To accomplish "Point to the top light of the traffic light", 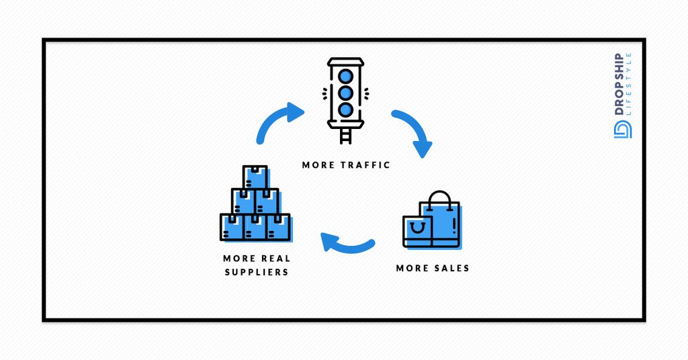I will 345,75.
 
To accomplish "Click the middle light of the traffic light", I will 345,92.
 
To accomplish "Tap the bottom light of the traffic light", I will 345,108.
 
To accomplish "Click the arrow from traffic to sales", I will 413,132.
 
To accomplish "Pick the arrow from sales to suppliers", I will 346,243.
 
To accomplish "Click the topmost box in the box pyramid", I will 255,177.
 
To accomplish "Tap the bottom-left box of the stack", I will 232,227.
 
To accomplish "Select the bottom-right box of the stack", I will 278,227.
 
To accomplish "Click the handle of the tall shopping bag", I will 440,197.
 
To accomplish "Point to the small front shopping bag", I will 418,231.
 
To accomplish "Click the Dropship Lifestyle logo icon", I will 621,131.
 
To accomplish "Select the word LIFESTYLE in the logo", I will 629,84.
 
